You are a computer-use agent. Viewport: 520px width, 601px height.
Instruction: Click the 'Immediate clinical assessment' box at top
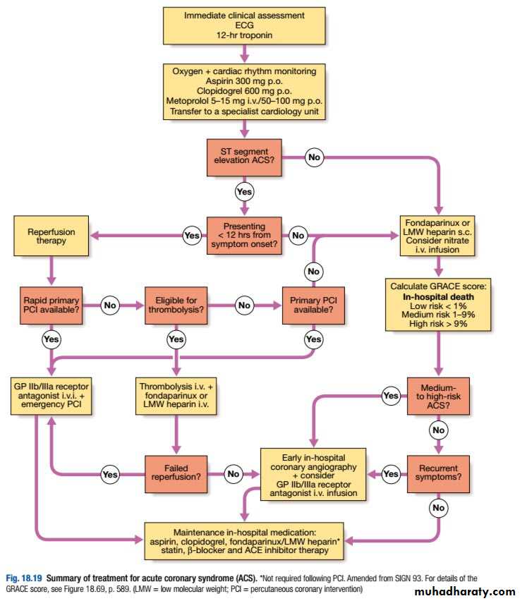pos(245,25)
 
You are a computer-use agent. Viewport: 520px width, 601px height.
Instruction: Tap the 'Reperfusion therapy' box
pos(51,236)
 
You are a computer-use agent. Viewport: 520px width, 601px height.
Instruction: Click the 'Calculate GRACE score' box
pos(439,304)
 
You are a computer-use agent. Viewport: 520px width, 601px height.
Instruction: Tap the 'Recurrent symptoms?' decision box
pos(439,474)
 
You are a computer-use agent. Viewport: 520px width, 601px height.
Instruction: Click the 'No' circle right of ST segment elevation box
pos(314,157)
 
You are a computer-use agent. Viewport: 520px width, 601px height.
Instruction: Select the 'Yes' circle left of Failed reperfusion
pos(109,475)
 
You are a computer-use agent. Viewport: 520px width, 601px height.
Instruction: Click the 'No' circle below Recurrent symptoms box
pos(439,506)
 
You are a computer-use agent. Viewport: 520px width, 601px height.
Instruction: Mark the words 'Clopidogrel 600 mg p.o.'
pos(245,90)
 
